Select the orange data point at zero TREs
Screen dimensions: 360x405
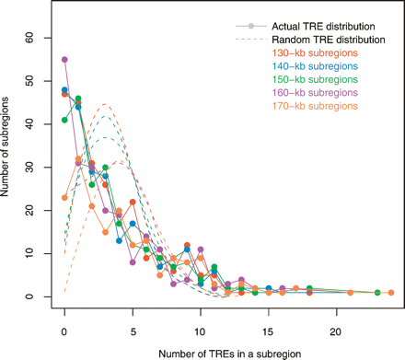64,197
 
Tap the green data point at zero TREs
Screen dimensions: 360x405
64,120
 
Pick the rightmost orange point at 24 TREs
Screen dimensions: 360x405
391,293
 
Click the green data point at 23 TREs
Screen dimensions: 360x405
377,293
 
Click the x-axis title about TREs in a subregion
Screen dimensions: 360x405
227,347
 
